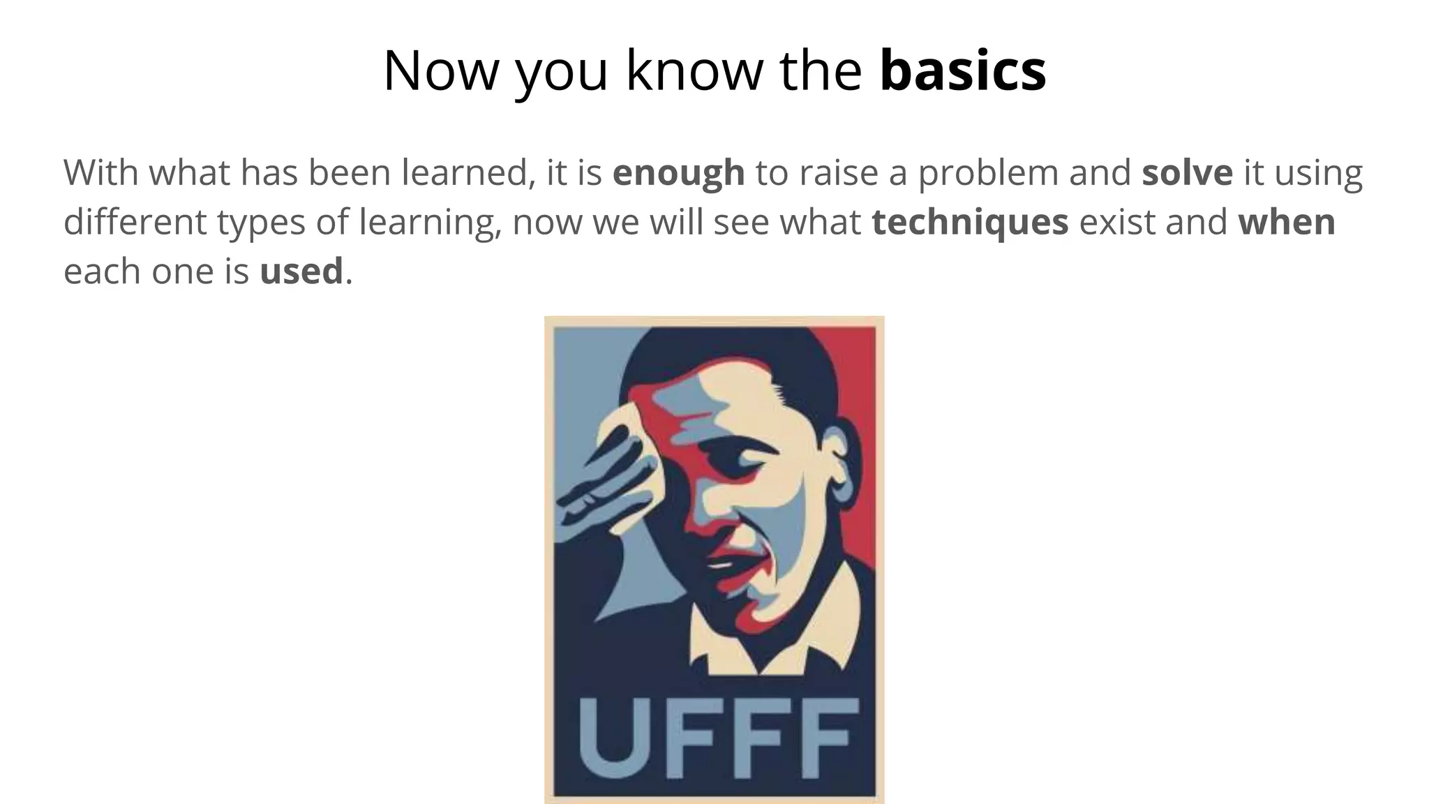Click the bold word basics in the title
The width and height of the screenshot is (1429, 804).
pyautogui.click(x=962, y=70)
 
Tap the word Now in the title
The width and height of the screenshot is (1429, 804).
pyautogui.click(x=441, y=70)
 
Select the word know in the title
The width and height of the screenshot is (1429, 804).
pyautogui.click(x=694, y=70)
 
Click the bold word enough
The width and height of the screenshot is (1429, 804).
pyautogui.click(x=678, y=173)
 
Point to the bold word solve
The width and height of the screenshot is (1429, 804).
pyautogui.click(x=1187, y=173)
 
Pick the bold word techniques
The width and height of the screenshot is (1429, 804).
pyautogui.click(x=970, y=222)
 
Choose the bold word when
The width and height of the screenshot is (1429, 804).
pyautogui.click(x=1287, y=222)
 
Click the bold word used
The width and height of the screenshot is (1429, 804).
pyautogui.click(x=301, y=271)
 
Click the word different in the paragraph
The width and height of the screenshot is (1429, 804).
pyautogui.click(x=135, y=222)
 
